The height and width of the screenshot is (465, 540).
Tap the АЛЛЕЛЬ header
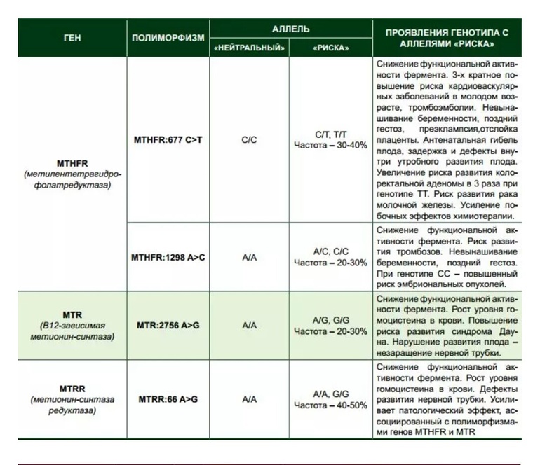pos(290,30)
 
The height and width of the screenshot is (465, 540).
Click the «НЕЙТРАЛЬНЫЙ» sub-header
pos(249,48)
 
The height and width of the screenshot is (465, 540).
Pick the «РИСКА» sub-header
pos(330,48)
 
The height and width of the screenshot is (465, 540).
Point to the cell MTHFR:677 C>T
pos(168,140)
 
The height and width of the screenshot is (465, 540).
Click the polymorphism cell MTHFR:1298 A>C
pos(168,257)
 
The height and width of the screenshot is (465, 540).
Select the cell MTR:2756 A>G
pos(168,326)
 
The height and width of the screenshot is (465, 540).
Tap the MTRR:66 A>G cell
pos(168,399)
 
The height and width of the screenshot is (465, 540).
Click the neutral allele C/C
pos(249,140)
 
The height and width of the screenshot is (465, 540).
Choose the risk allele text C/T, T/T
pos(330,134)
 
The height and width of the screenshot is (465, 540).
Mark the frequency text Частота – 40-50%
pos(330,405)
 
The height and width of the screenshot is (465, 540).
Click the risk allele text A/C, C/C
pos(330,251)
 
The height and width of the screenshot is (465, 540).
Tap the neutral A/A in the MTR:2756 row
pos(249,326)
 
